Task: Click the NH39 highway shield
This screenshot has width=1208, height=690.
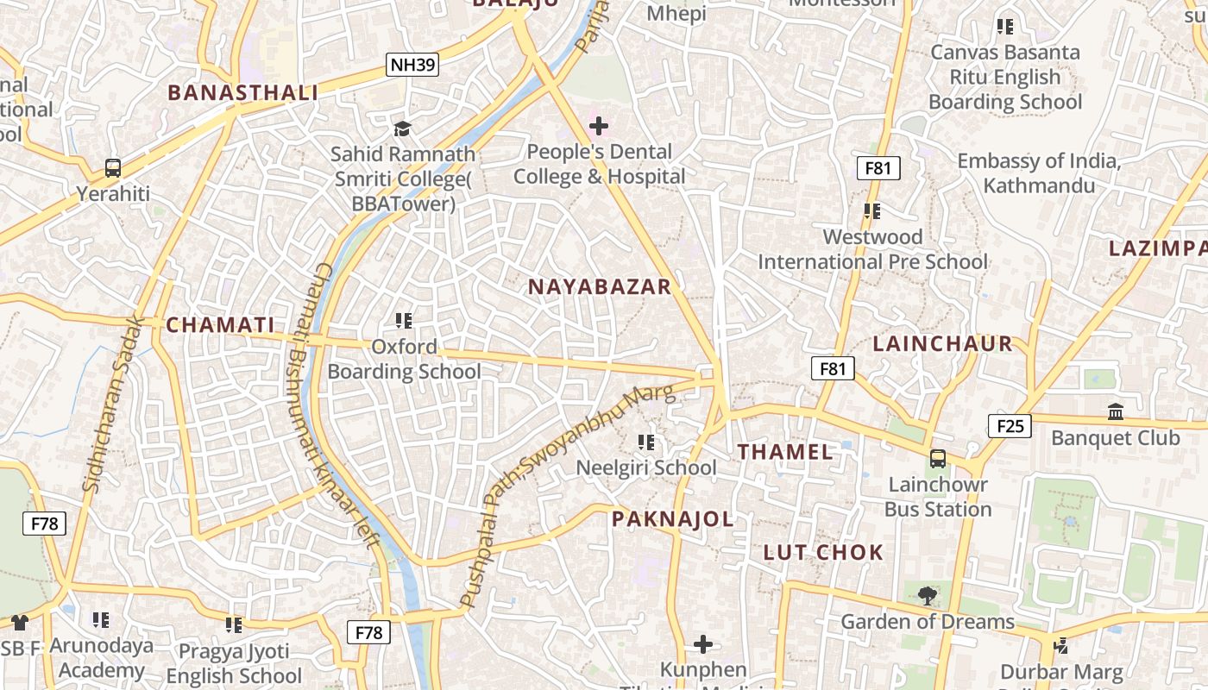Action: pos(412,65)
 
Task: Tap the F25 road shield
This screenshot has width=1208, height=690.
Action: pos(1010,425)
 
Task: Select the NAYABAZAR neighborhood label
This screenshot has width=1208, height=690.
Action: pos(599,287)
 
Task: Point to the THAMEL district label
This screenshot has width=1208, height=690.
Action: pos(785,452)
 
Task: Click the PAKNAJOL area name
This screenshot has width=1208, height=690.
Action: pos(673,519)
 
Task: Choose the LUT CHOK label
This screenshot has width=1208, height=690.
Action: pos(823,553)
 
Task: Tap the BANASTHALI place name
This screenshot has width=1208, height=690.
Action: pos(242,93)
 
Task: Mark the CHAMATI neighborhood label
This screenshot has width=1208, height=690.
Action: pos(220,325)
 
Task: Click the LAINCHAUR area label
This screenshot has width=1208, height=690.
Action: pos(942,343)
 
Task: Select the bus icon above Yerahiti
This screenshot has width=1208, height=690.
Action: pos(113,168)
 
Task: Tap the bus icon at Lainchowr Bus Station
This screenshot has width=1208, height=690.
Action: pos(938,459)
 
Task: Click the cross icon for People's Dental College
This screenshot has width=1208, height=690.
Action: pos(598,127)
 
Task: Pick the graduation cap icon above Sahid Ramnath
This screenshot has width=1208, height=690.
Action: pos(402,129)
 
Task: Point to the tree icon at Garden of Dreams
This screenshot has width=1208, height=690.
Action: pos(927,596)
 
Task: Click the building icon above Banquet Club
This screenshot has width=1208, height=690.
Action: pos(1115,412)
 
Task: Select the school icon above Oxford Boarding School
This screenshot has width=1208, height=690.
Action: pos(403,321)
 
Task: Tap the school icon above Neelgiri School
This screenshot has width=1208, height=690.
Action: pos(645,443)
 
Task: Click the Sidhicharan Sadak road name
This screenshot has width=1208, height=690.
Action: pos(113,405)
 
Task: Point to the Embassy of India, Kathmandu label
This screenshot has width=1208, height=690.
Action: pos(1039,173)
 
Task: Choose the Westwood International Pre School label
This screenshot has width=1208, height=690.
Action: pos(872,249)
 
